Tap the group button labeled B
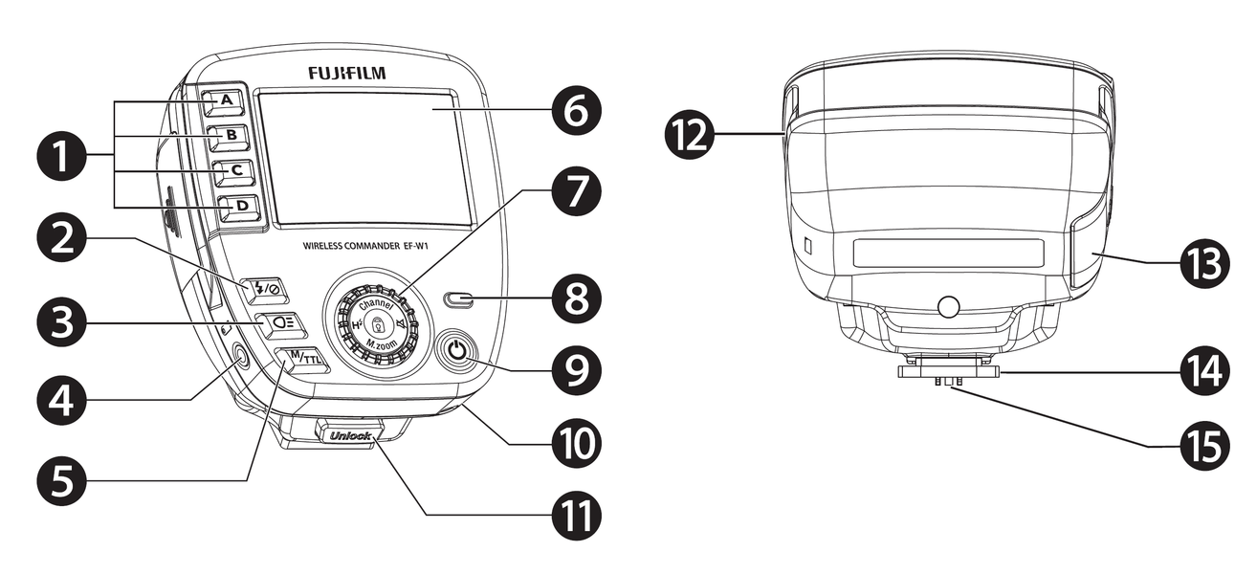tap(231, 137)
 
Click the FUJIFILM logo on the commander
tap(347, 73)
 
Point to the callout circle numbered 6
tap(577, 112)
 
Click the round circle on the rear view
tap(947, 307)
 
